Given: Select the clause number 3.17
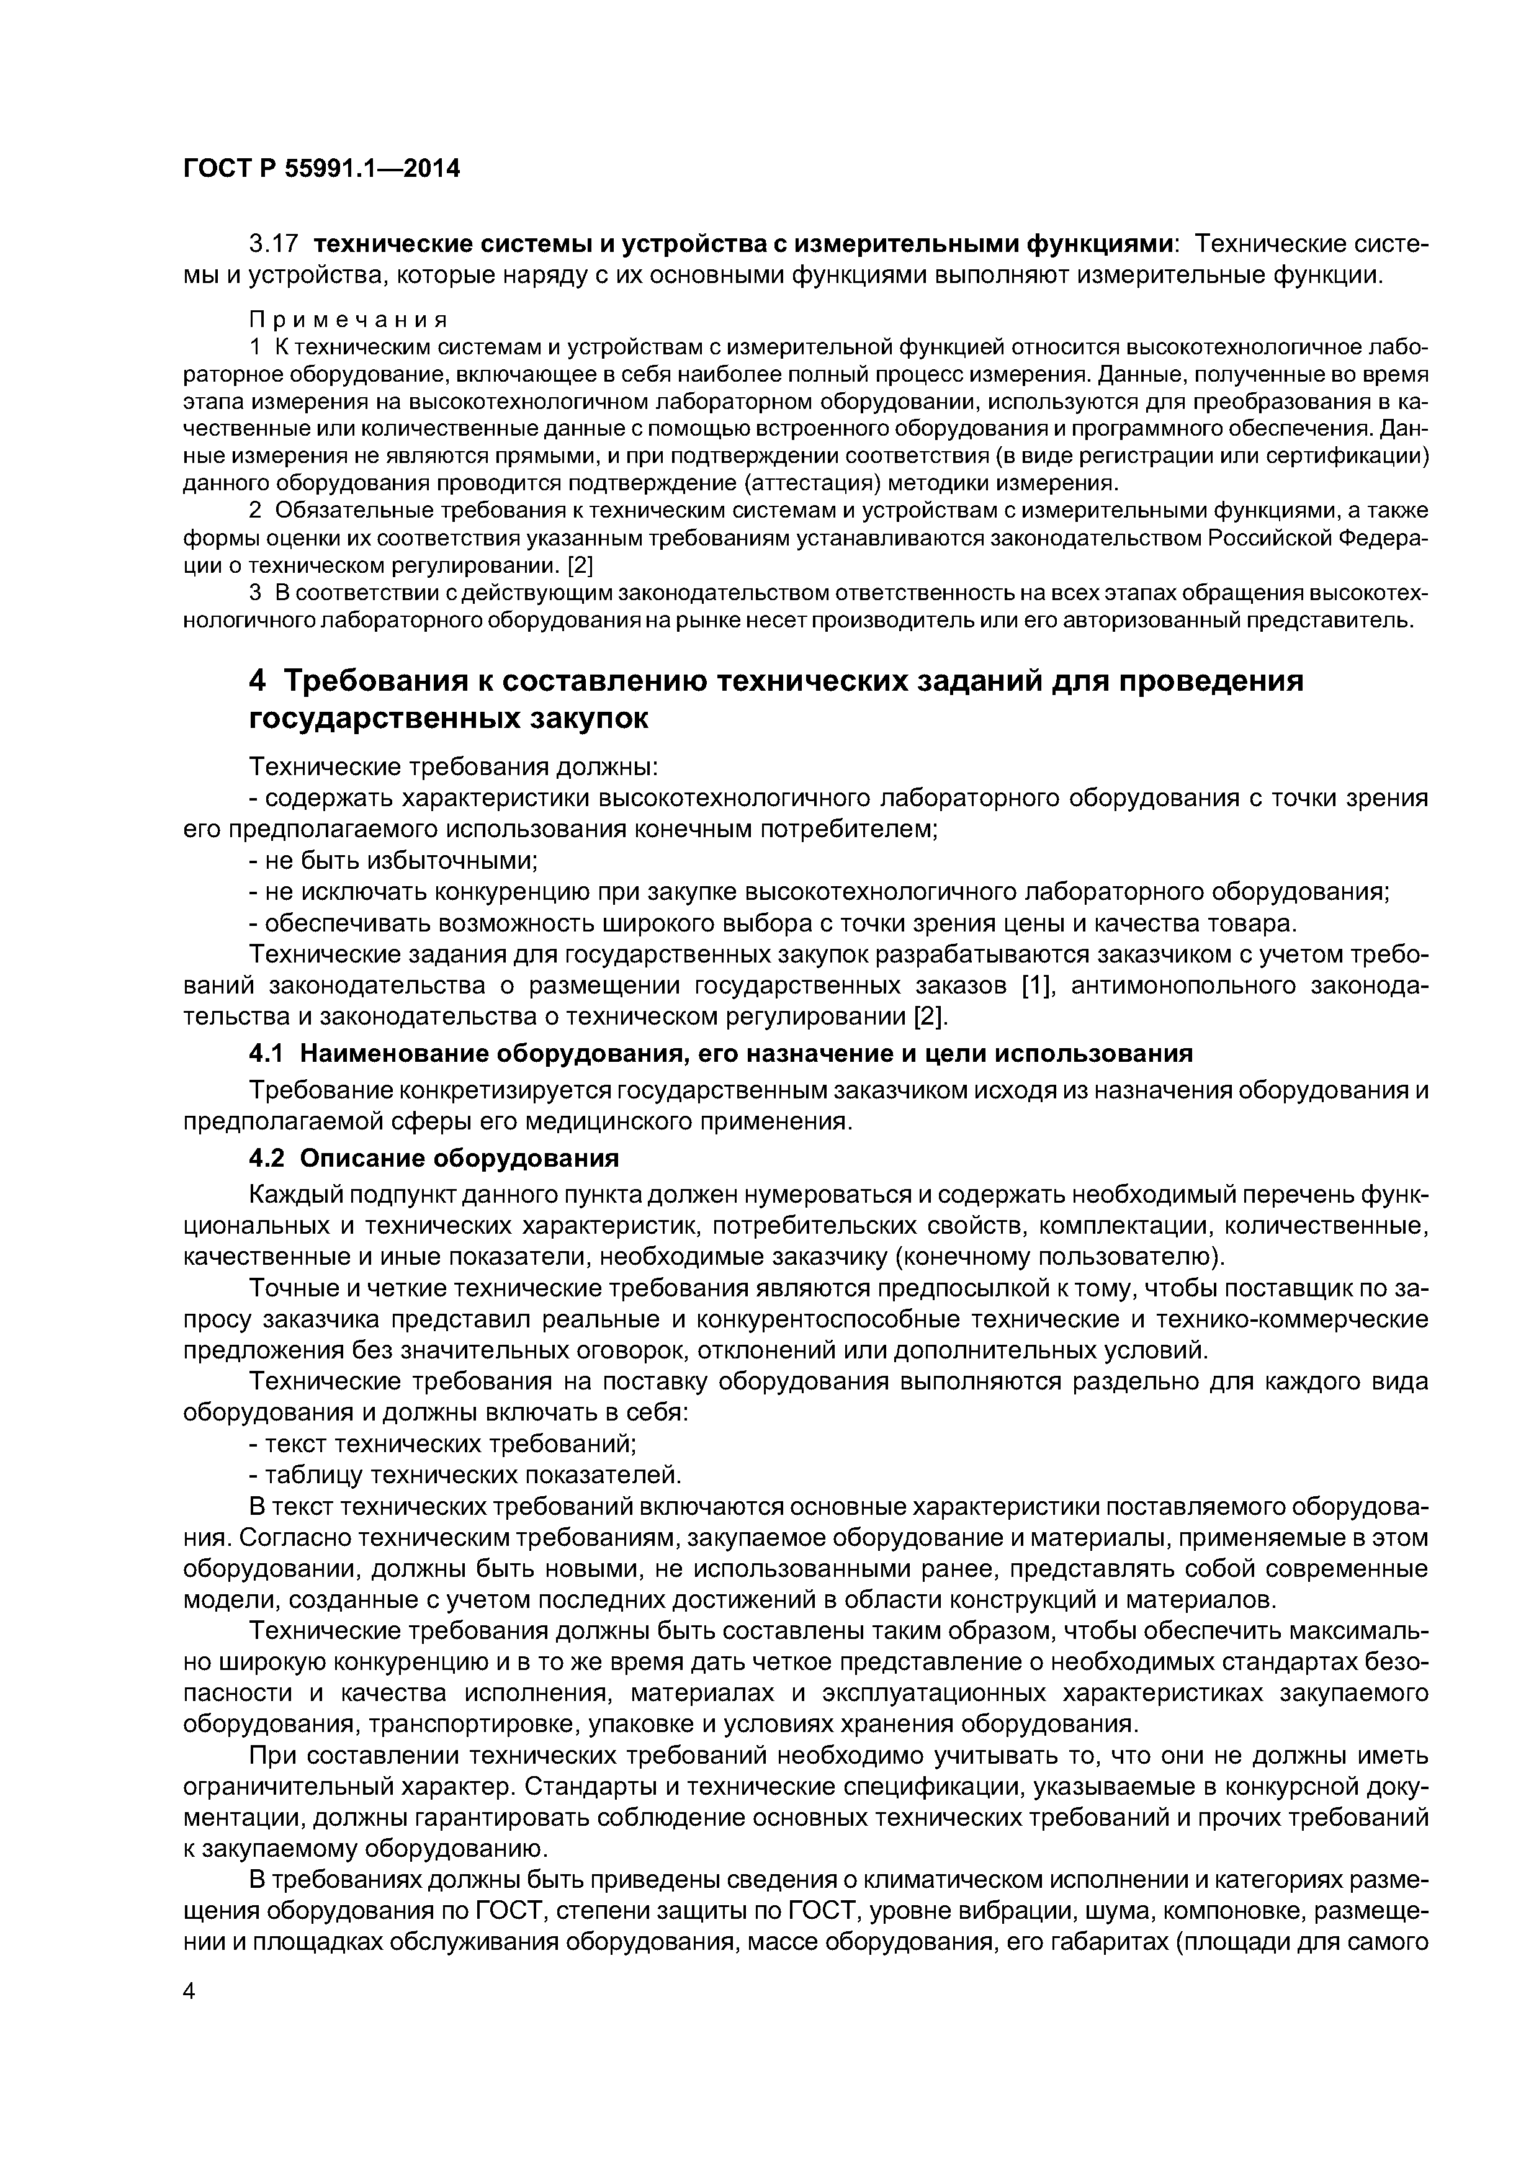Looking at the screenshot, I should point(274,245).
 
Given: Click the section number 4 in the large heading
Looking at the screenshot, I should point(257,681).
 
